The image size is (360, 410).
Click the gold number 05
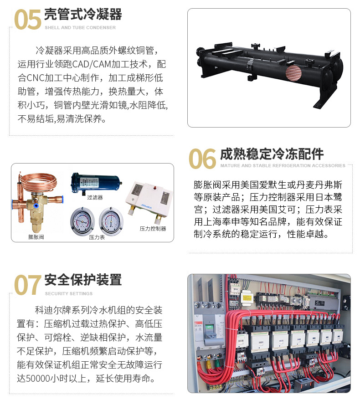27,19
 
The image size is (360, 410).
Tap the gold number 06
202,158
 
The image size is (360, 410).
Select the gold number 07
27,285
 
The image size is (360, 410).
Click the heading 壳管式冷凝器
83,14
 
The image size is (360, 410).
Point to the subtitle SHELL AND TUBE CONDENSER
80,27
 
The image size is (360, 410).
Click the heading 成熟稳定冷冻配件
272,154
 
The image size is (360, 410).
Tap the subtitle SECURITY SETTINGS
68,294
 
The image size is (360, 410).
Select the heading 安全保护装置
83,280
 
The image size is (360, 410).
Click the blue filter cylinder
96,183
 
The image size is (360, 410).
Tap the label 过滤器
95,197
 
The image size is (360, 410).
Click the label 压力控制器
153,229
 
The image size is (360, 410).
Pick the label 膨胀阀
36,237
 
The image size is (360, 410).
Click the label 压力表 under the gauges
97,237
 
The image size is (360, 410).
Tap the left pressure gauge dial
82,221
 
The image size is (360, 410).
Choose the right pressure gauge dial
111,221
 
